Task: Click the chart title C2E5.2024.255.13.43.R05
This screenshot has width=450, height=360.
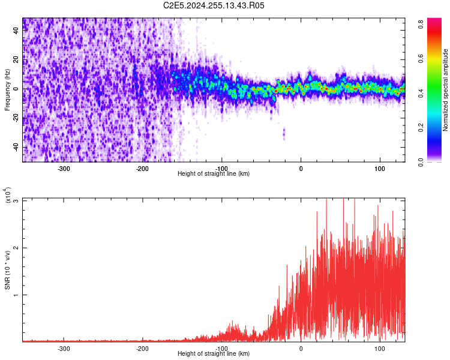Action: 214,5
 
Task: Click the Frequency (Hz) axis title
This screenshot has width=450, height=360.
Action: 7,89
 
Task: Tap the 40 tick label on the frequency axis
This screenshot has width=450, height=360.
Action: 16,31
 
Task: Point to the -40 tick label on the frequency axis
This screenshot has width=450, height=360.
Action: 16,148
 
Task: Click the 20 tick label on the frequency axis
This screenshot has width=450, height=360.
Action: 16,60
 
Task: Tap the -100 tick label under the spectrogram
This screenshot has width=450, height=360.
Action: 221,168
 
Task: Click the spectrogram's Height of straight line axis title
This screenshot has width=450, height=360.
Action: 214,173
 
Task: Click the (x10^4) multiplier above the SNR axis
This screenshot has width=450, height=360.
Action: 8,195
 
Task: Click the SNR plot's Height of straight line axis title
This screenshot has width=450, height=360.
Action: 214,353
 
